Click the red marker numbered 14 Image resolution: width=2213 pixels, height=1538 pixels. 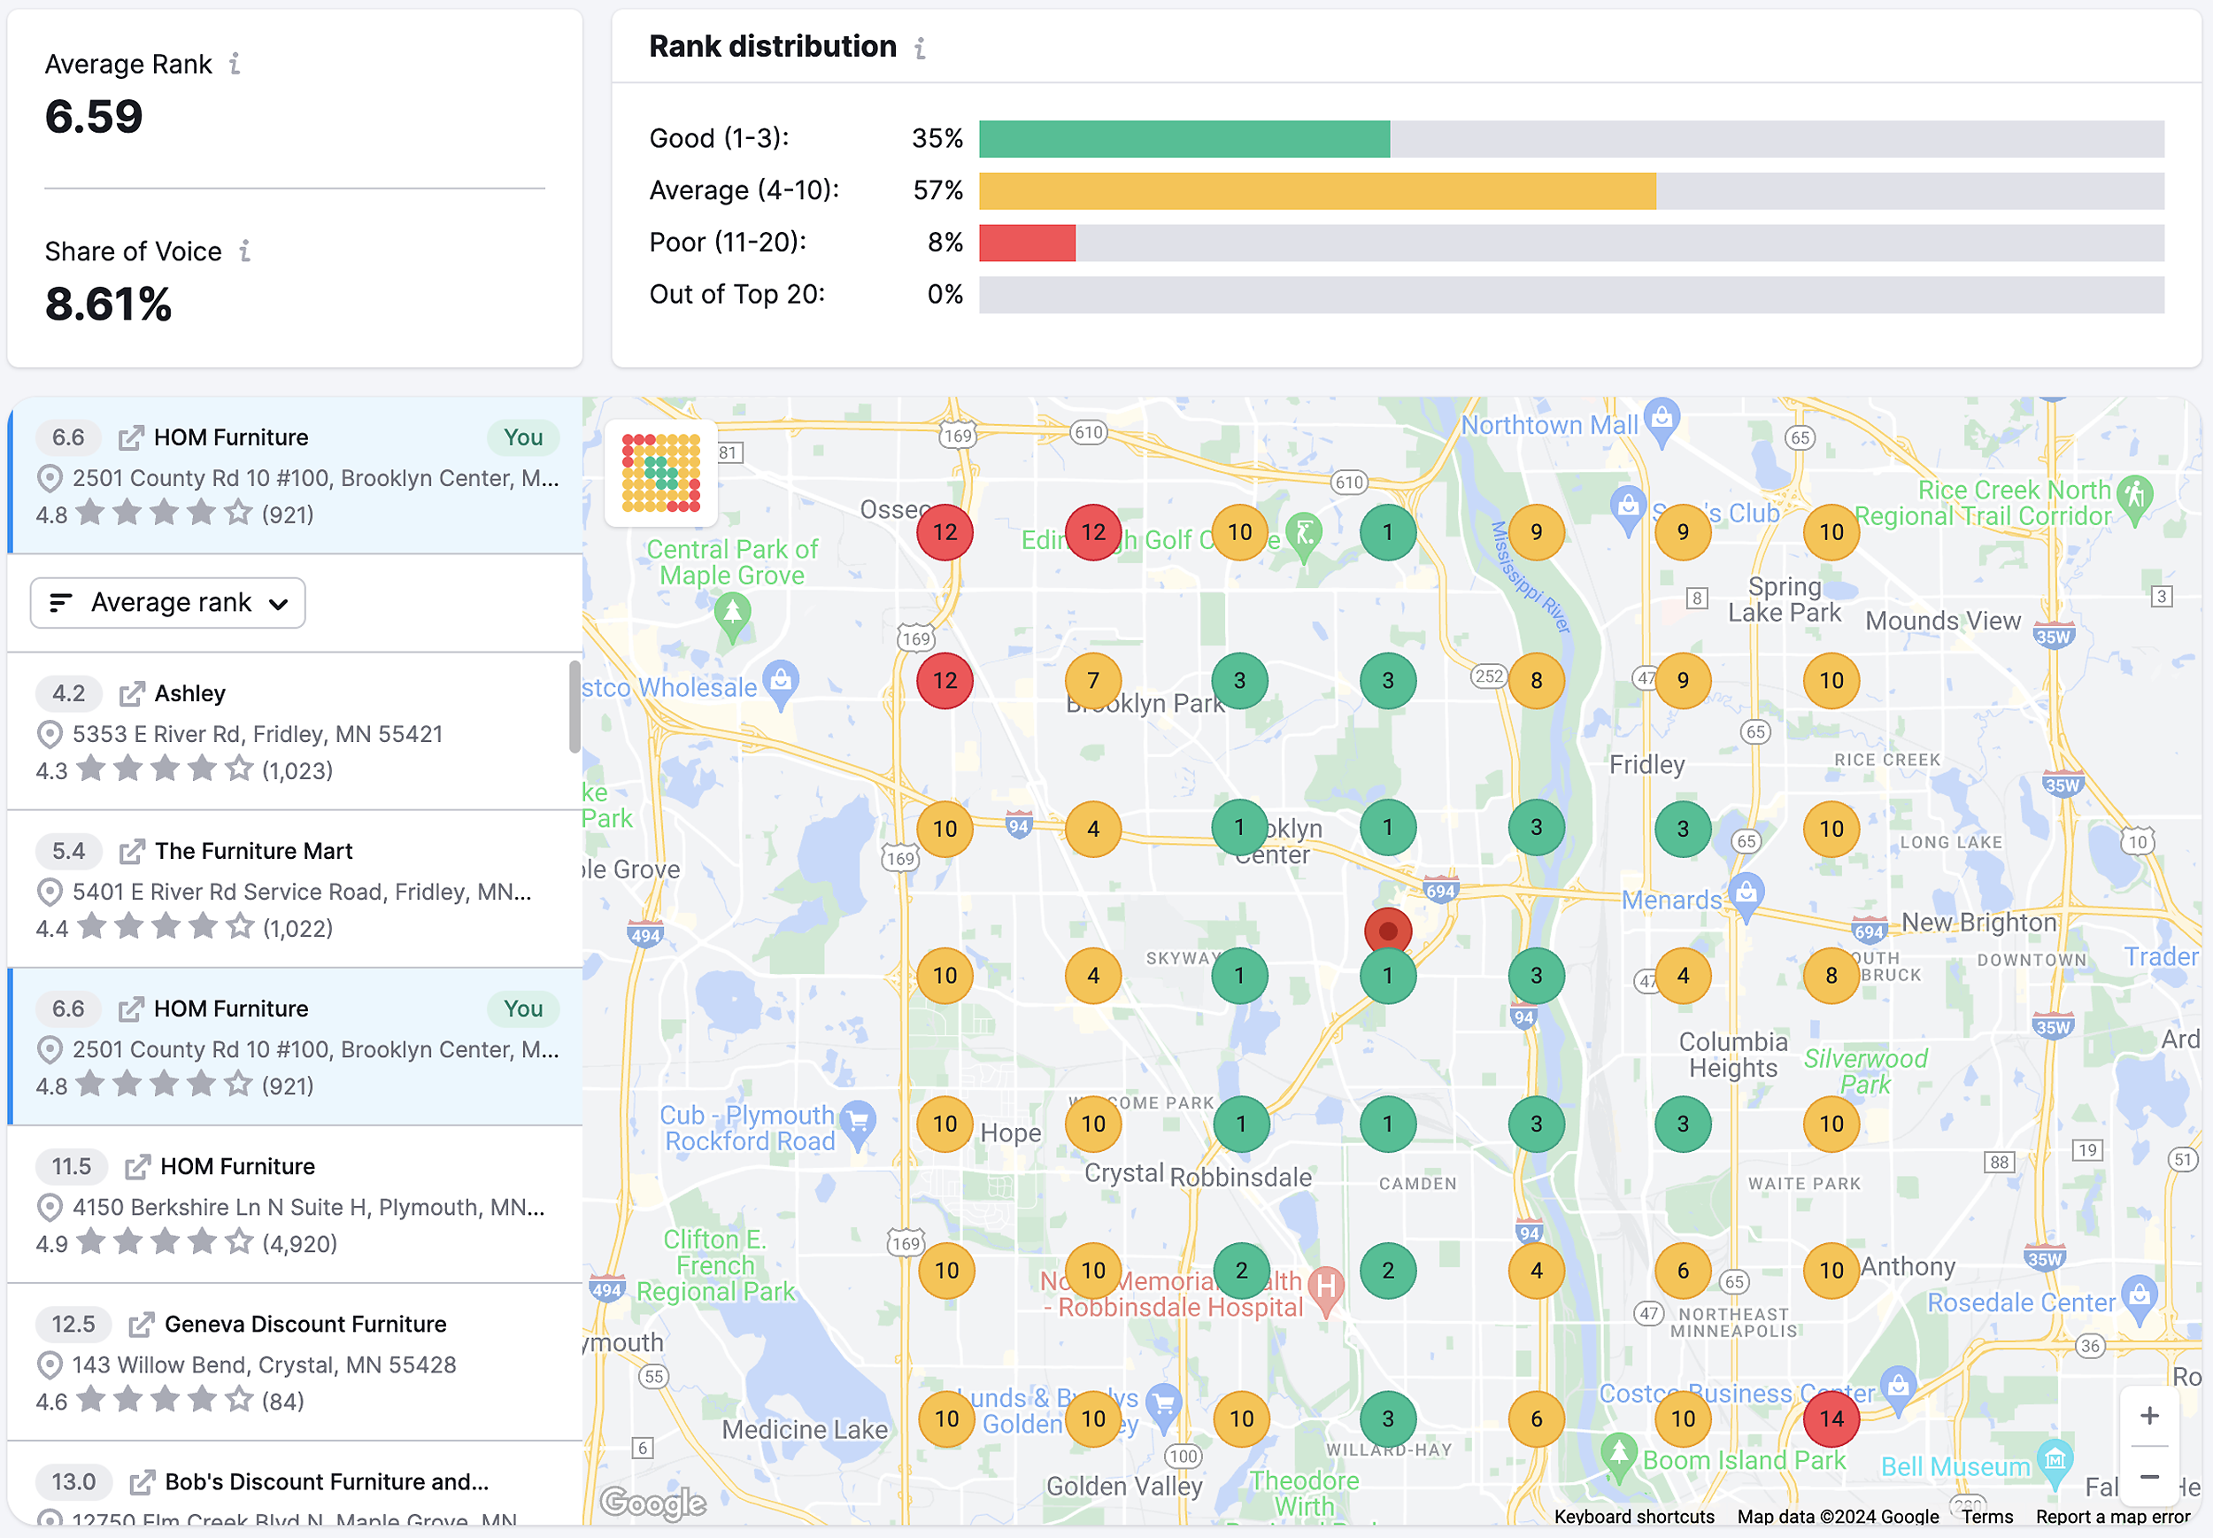(x=1831, y=1418)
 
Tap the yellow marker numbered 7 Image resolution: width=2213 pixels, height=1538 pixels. (x=1092, y=680)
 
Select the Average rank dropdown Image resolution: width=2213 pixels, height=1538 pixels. (x=167, y=603)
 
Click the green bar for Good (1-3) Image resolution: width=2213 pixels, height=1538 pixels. (x=1184, y=139)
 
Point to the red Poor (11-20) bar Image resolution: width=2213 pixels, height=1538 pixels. (x=1026, y=243)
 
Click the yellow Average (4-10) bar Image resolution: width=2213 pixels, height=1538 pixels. (x=1316, y=190)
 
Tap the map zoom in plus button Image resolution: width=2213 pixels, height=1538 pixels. (x=2148, y=1416)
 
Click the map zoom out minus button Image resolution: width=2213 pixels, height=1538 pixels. (x=2148, y=1476)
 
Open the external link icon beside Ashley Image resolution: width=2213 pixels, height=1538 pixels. (x=131, y=694)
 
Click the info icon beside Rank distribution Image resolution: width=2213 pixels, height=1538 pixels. (x=920, y=48)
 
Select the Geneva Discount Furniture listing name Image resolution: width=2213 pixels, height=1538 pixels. (x=305, y=1324)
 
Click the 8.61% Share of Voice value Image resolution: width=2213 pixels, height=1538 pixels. (x=108, y=305)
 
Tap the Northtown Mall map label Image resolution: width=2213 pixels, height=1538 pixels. (x=1548, y=425)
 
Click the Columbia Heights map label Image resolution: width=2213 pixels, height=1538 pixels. (x=1732, y=1055)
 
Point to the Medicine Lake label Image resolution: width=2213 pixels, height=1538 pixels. (x=805, y=1429)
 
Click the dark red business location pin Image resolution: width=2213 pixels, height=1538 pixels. (x=1387, y=931)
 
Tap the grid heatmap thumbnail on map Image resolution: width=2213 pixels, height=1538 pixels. (x=661, y=473)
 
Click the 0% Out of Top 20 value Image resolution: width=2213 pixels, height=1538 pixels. (x=945, y=295)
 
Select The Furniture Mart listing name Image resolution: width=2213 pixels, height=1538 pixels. (x=253, y=851)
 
